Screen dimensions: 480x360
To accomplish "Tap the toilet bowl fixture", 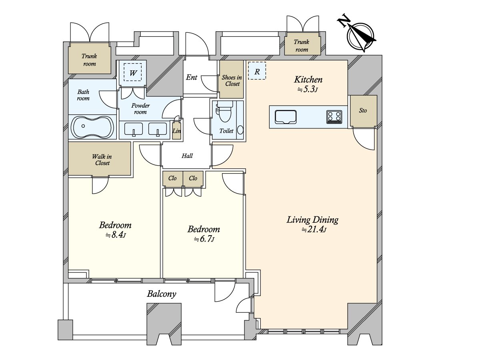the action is click(224, 111).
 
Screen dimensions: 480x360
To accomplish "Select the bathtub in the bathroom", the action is click(92, 127).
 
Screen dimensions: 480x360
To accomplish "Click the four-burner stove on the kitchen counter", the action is click(334, 117).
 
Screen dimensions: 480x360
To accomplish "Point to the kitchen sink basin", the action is click(286, 117).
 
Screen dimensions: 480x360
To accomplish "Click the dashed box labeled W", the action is click(133, 72).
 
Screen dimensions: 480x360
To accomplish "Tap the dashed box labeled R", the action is click(257, 71).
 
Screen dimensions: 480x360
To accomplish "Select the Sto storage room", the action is click(364, 111).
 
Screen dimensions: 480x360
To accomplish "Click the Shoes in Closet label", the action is click(232, 80).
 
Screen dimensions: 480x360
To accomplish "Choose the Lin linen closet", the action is click(176, 130).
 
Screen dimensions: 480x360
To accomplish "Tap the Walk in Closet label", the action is click(102, 160).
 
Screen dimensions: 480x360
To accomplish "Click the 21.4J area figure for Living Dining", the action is click(314, 230).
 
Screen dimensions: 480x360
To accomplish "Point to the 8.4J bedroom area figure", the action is click(116, 235).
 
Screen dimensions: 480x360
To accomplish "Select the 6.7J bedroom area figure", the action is click(204, 239).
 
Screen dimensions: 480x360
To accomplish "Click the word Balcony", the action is click(162, 294).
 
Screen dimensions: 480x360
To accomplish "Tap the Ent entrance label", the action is click(192, 77).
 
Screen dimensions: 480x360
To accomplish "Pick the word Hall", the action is click(187, 156).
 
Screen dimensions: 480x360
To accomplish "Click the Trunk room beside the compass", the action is click(302, 46).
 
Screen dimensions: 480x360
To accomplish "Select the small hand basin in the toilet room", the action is click(240, 130).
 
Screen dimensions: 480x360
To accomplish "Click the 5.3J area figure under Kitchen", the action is click(308, 89).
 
